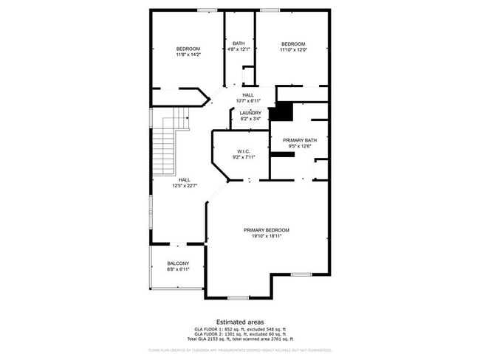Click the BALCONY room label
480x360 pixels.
177,263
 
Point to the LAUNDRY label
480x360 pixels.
250,113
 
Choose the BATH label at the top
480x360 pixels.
239,44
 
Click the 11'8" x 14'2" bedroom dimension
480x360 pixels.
188,55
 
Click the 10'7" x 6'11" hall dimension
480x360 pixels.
248,100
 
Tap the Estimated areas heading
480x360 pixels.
239,322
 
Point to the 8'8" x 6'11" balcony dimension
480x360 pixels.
177,269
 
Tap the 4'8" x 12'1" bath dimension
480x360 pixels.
239,49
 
